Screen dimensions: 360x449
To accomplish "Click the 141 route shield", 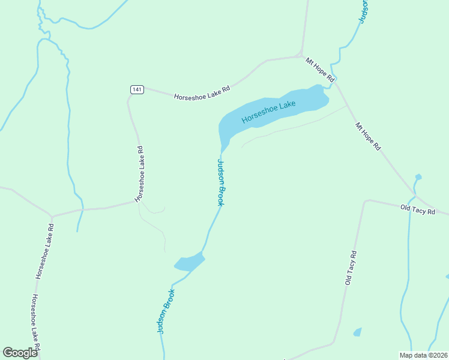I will (x=137, y=89).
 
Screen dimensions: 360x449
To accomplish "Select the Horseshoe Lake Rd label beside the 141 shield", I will (x=202, y=92).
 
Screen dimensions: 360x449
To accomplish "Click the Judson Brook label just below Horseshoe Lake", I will (x=221, y=182).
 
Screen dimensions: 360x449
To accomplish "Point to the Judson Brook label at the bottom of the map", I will (x=166, y=311).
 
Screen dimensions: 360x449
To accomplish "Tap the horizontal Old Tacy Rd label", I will (x=418, y=209).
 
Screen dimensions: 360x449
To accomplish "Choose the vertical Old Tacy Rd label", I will (x=351, y=268).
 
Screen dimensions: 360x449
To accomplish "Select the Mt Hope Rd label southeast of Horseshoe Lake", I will (x=368, y=136).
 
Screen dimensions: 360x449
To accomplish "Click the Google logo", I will (x=20, y=352).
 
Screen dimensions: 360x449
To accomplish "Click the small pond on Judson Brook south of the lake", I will (x=190, y=262).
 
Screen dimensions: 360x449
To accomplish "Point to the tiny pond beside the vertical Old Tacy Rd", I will (x=358, y=332).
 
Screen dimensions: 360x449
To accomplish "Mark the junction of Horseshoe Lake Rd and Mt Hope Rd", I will (x=301, y=56).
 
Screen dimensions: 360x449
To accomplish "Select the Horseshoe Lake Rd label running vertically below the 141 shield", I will (x=140, y=173).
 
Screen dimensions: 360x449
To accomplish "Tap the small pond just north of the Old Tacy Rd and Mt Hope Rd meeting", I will (x=418, y=177).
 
